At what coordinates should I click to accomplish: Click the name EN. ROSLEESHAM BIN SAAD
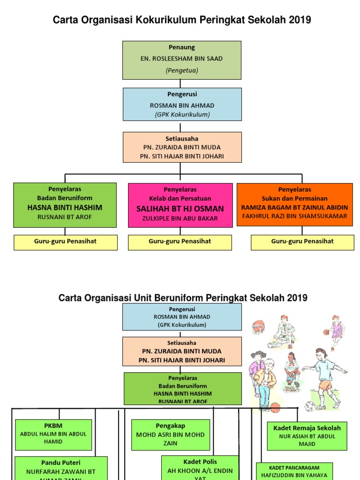[x=182, y=59]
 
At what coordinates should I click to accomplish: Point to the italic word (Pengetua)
[x=182, y=70]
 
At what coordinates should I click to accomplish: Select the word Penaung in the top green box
[x=182, y=47]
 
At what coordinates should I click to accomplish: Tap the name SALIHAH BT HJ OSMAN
[x=180, y=209]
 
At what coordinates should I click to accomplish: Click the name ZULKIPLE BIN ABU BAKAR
[x=180, y=218]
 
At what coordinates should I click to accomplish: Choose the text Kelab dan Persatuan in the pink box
[x=180, y=198]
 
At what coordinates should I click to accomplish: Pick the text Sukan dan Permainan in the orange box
[x=294, y=198]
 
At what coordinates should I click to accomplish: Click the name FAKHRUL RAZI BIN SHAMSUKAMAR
[x=294, y=216]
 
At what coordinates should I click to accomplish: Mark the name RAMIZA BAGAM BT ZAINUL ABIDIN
[x=294, y=207]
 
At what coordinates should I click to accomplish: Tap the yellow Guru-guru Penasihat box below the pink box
[x=180, y=242]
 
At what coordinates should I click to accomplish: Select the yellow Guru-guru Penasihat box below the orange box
[x=302, y=242]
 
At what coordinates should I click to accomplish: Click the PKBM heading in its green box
[x=53, y=426]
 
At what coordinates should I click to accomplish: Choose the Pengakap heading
[x=171, y=426]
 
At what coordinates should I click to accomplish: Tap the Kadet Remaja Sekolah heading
[x=307, y=428]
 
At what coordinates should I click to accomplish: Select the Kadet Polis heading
[x=200, y=462]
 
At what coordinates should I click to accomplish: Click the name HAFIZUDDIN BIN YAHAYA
[x=294, y=475]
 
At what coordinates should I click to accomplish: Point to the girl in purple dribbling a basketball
[x=336, y=331]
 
